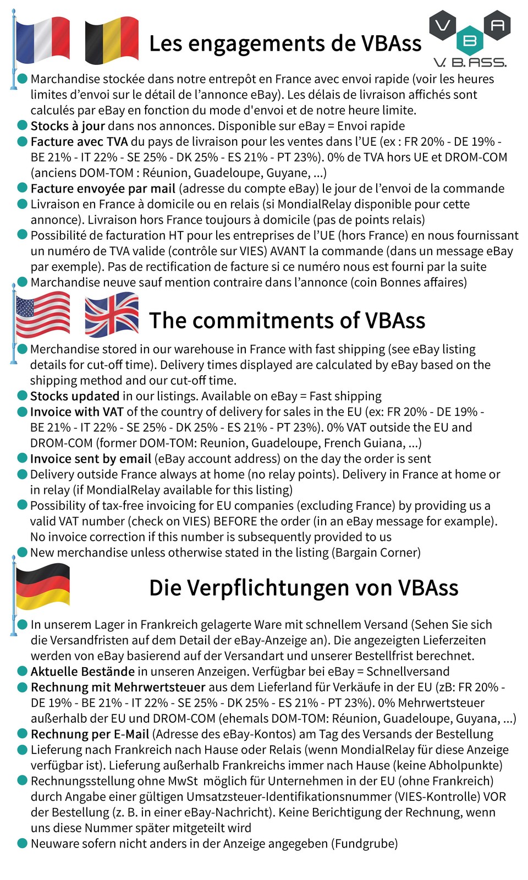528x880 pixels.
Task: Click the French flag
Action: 43,40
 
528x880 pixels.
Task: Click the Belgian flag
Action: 112,40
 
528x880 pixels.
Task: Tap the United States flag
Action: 43,314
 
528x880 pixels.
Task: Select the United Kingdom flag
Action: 112,314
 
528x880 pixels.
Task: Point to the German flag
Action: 43,586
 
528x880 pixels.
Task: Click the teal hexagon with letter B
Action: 470,41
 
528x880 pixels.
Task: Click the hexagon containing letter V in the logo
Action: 443,25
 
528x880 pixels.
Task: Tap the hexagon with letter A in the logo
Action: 497,25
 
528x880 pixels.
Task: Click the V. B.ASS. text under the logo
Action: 470,62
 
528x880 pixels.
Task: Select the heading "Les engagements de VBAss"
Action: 285,43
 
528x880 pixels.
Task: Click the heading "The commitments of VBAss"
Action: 287,321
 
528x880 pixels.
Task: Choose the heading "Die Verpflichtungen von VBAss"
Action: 304,588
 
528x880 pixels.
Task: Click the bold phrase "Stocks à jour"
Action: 68,126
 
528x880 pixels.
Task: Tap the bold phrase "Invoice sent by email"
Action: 91,459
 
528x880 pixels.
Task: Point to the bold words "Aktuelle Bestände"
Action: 82,672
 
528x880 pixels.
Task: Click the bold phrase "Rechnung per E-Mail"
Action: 90,734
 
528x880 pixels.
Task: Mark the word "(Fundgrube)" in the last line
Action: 364,844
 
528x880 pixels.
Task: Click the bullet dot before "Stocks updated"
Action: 23,396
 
